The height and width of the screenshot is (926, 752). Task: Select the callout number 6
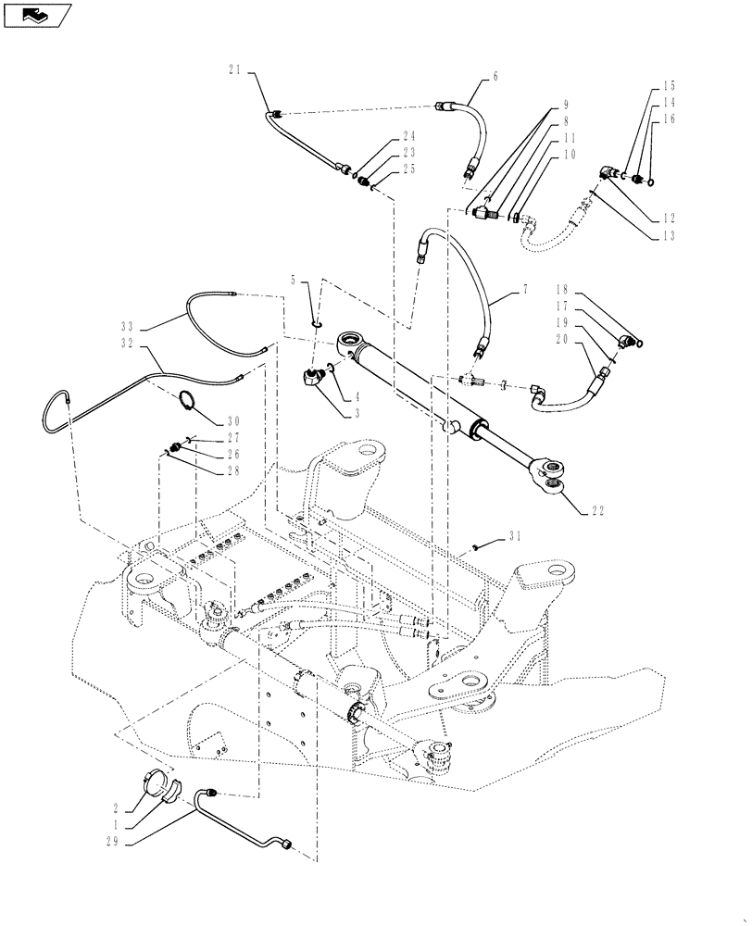495,78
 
